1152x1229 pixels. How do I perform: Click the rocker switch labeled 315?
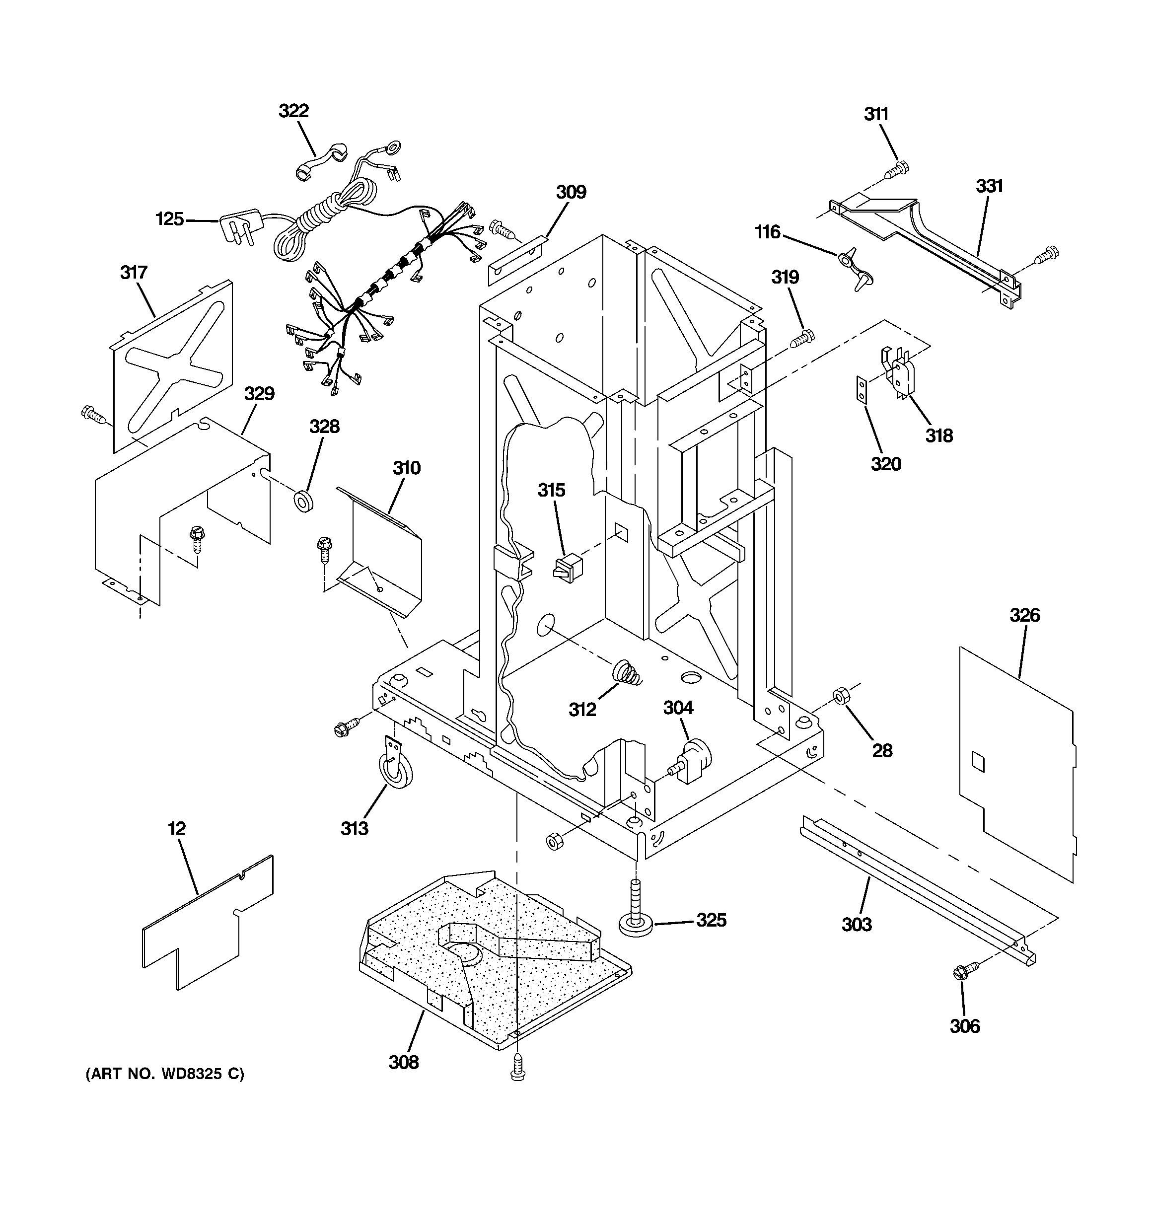pyautogui.click(x=568, y=568)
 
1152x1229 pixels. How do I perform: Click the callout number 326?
pyautogui.click(x=1024, y=615)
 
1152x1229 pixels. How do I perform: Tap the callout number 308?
pyautogui.click(x=403, y=1062)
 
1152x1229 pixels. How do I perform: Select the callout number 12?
pyautogui.click(x=177, y=828)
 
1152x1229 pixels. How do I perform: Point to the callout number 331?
pyautogui.click(x=989, y=186)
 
